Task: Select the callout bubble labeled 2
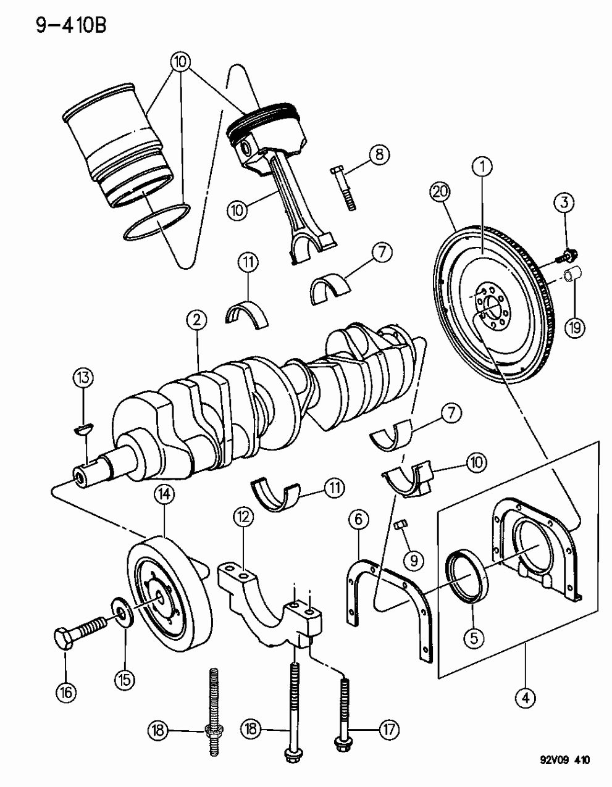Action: (x=196, y=320)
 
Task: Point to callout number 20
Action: (x=440, y=194)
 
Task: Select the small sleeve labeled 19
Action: (x=574, y=273)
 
